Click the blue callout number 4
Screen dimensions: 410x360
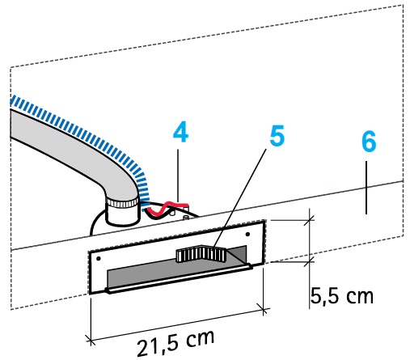point(180,132)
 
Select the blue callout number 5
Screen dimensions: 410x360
point(277,136)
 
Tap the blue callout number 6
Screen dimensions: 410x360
point(369,142)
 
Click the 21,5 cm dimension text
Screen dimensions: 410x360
point(175,342)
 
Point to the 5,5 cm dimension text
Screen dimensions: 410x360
point(342,296)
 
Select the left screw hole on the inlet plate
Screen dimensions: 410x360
point(99,259)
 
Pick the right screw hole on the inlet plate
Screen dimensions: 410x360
point(247,234)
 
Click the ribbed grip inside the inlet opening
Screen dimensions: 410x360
point(201,254)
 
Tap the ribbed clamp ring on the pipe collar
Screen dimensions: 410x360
point(122,203)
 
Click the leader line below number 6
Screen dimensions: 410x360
point(366,188)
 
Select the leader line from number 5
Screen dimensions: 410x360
point(240,197)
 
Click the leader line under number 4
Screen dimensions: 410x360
point(178,176)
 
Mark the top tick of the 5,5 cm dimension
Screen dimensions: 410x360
point(310,220)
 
